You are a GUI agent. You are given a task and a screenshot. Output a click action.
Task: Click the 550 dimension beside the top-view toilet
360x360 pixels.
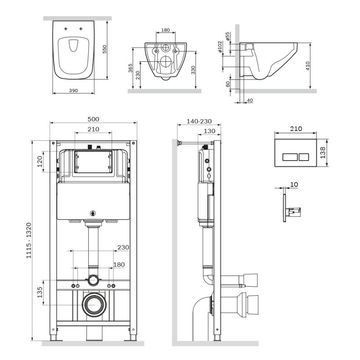coord(105,49)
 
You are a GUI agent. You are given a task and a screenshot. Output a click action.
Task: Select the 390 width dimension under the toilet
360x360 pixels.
coord(73,90)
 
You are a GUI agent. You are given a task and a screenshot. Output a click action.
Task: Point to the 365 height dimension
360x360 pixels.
coord(130,69)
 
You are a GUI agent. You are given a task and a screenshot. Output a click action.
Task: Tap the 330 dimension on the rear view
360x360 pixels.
coord(193,70)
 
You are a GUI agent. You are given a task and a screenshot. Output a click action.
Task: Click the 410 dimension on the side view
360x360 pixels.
coord(308,66)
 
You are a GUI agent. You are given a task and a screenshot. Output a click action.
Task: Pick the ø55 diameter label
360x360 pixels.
coord(228,36)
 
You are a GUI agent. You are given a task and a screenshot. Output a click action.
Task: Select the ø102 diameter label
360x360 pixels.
coord(220,47)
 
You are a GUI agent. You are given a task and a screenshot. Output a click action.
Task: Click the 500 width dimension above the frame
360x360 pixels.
coord(93,119)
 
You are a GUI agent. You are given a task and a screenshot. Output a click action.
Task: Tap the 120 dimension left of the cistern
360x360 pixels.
coord(40,161)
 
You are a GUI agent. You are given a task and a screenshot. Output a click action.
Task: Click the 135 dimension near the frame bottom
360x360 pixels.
coord(40,292)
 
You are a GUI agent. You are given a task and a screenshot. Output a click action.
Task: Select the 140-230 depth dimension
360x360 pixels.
coord(198,122)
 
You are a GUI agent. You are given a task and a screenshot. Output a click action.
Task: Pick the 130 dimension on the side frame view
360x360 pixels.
coord(209,131)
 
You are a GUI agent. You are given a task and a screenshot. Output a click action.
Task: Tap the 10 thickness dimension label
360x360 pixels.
coord(294,184)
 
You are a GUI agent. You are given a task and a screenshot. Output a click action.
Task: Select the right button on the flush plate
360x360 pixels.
coord(303,157)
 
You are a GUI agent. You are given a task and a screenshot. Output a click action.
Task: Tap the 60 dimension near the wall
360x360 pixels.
coord(228,83)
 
